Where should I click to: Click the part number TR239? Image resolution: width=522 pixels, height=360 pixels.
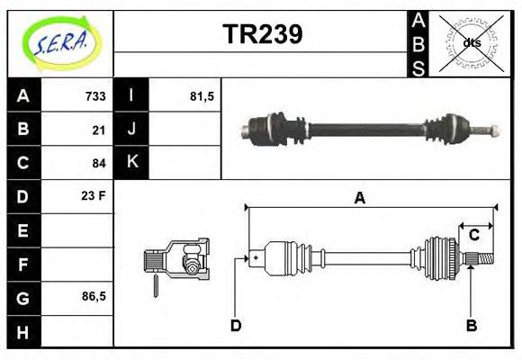coord(262,34)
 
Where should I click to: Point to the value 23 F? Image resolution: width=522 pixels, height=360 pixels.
coord(94,195)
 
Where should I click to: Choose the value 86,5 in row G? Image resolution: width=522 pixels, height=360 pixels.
coord(94,296)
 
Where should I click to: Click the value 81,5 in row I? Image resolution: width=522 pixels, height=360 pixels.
coord(202,95)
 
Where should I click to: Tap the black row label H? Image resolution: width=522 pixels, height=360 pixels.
coord(22,331)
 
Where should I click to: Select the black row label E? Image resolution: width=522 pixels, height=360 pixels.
coord(22,230)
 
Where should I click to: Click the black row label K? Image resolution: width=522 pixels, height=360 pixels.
coord(132,163)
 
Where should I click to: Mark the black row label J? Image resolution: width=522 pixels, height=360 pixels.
coord(132,129)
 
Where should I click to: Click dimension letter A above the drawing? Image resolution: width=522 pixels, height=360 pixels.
coord(359,198)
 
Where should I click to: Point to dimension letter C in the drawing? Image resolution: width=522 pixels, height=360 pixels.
coord(473,236)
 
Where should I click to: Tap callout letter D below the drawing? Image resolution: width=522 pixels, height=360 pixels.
coord(236,325)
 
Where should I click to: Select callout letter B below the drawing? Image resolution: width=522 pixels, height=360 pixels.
coord(471,325)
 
